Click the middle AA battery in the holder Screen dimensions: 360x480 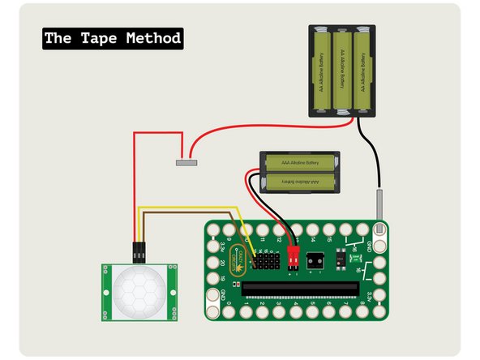point(343,71)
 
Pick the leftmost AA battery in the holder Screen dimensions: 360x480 point(322,71)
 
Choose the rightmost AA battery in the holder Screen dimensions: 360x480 point(364,71)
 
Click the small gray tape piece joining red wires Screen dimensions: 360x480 point(187,162)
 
